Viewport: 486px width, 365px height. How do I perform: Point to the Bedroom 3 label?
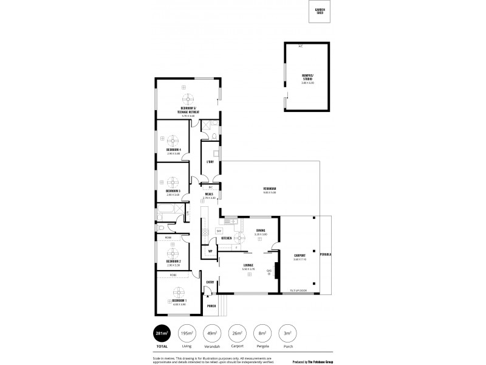173,191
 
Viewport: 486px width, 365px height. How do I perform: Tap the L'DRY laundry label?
210,162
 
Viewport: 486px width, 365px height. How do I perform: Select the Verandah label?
270,189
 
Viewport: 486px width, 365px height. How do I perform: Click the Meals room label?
209,194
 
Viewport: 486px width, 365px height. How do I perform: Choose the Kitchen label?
227,238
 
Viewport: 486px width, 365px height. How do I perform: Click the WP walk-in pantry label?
210,251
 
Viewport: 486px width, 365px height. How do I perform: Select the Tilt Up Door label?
298,291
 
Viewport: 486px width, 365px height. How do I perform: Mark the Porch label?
211,306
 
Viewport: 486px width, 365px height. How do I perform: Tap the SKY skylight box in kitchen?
219,232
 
